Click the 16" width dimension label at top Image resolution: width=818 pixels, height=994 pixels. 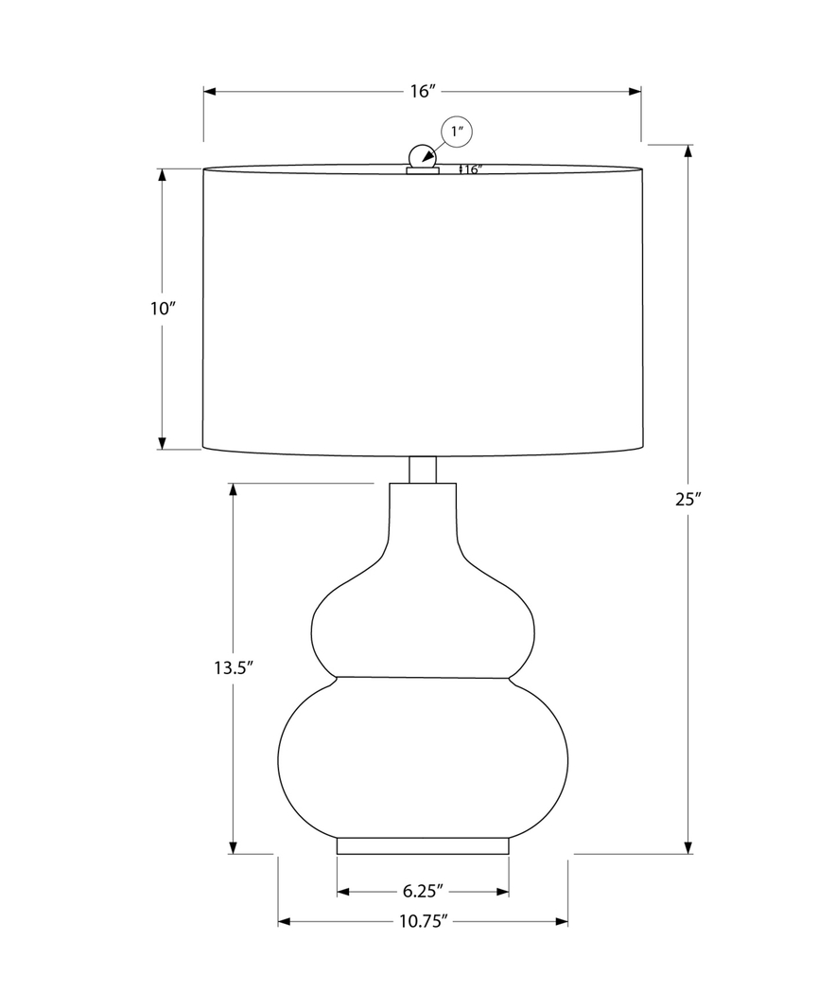pos(422,92)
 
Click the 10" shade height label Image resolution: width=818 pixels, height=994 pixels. pos(163,309)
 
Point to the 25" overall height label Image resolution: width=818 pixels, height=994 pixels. pos(687,500)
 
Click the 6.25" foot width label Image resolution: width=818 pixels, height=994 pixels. pos(423,891)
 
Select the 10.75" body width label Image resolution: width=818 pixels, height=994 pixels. pos(423,920)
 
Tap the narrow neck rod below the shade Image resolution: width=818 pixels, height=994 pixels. pos(422,470)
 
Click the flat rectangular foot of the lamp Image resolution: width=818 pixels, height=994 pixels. pos(422,845)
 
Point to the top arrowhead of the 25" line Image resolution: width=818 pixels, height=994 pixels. pos(687,151)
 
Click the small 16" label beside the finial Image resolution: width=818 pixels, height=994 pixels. pos(472,170)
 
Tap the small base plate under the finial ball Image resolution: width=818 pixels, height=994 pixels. pos(423,171)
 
